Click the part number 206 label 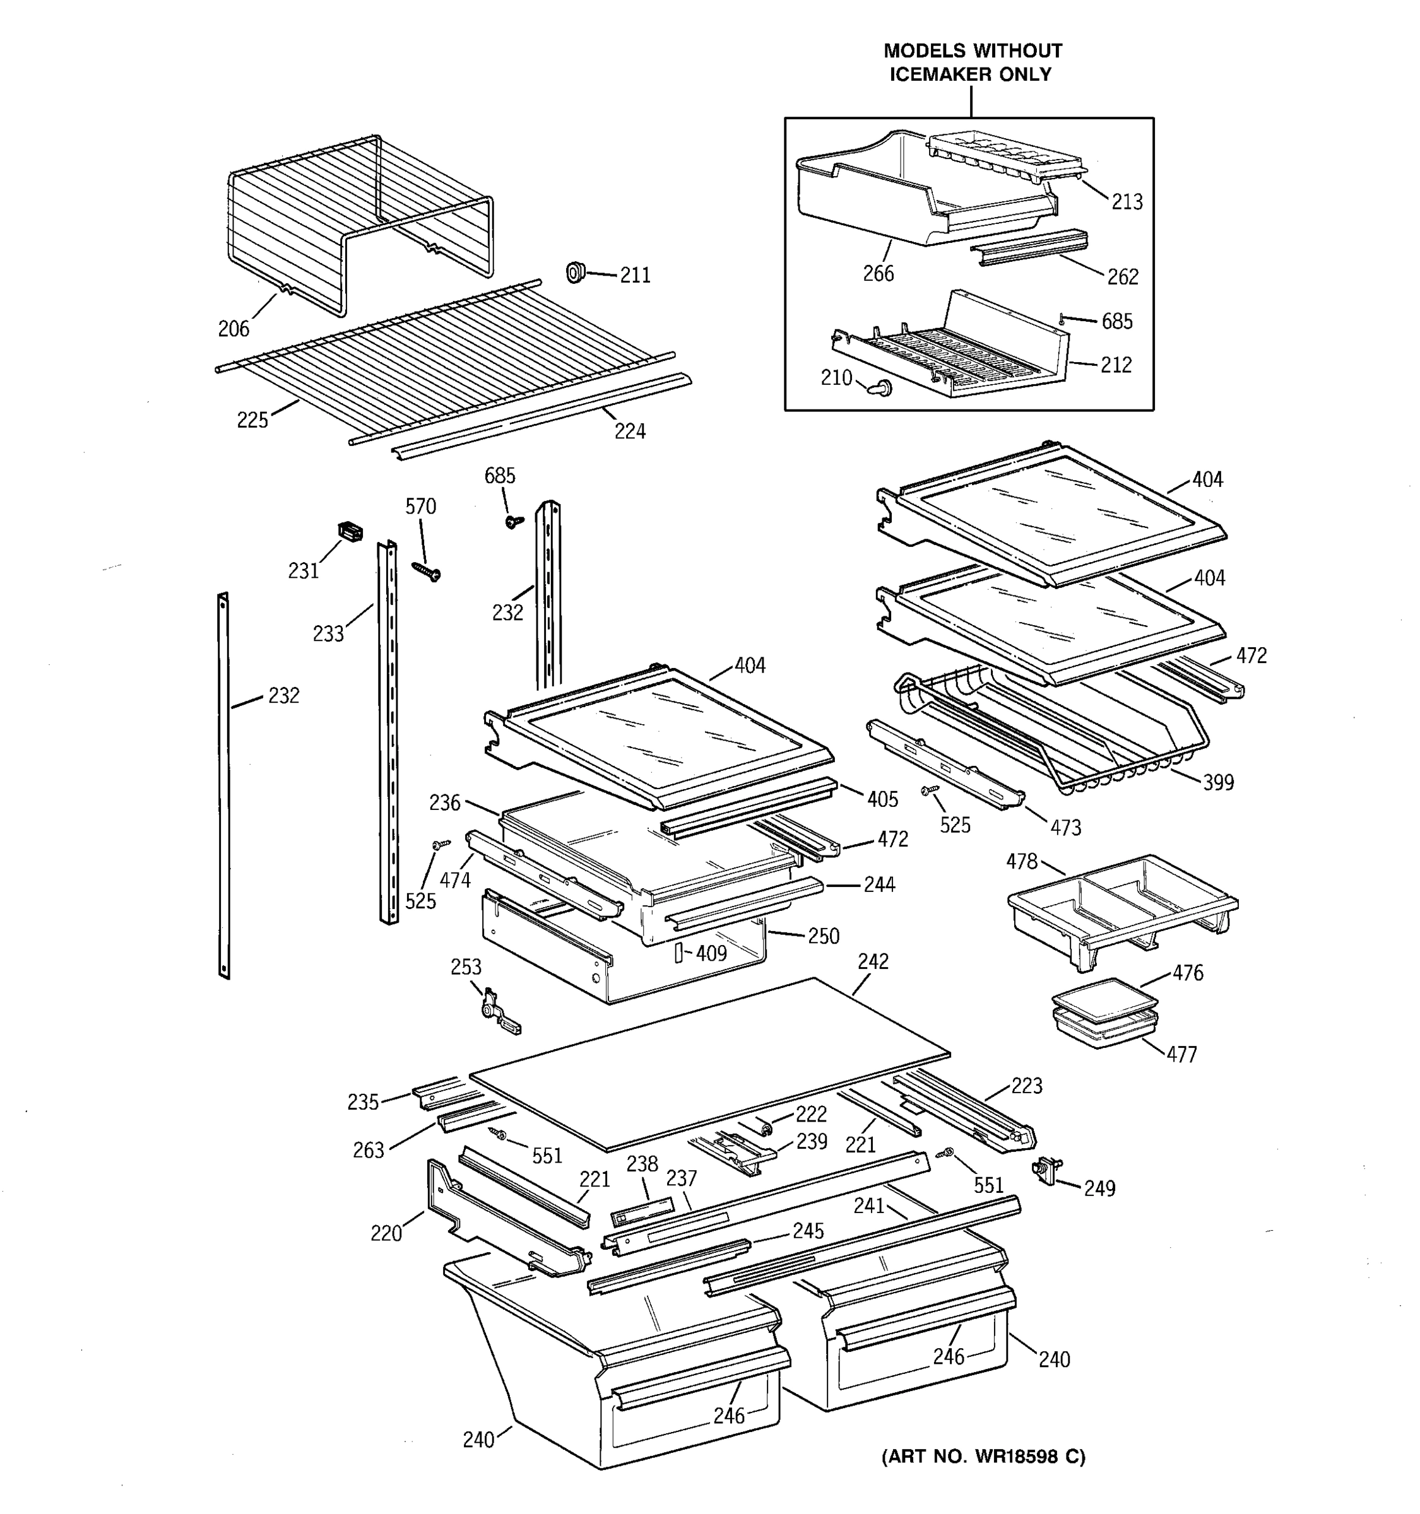(x=233, y=329)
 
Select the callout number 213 (x=1127, y=202)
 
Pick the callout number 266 (x=878, y=273)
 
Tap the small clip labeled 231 (x=350, y=532)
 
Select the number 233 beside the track (x=328, y=633)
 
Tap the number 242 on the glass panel (x=872, y=962)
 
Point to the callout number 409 (x=711, y=953)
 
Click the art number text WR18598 (x=1015, y=1457)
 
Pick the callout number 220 (x=386, y=1233)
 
